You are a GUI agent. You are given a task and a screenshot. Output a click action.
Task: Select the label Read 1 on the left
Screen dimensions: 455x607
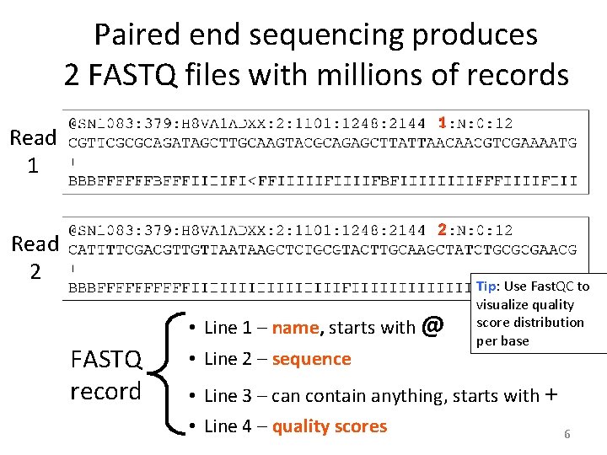[x=33, y=150]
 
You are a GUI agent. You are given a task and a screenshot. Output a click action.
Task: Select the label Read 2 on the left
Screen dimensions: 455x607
[x=34, y=257]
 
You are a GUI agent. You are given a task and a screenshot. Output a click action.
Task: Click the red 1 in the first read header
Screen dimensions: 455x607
[x=441, y=123]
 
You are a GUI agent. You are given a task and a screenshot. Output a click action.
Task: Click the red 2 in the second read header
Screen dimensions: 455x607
[x=441, y=229]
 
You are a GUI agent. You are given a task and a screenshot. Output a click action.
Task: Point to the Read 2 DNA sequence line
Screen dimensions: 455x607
[x=323, y=249]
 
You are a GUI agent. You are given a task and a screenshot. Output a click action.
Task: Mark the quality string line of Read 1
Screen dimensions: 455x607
[x=323, y=180]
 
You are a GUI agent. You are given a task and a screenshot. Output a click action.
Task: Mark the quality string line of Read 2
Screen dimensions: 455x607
[x=270, y=288]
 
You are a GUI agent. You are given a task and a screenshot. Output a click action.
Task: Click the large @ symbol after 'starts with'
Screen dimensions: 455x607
[x=431, y=324]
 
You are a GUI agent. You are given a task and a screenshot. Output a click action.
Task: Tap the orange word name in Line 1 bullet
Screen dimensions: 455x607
[x=294, y=328]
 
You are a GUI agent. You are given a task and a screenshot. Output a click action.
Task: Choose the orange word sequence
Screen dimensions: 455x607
[x=311, y=359]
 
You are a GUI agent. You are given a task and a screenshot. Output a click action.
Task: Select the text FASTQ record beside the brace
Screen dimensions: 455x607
[x=106, y=376]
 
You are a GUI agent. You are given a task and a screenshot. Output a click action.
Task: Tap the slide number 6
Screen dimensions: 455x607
[x=567, y=434]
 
